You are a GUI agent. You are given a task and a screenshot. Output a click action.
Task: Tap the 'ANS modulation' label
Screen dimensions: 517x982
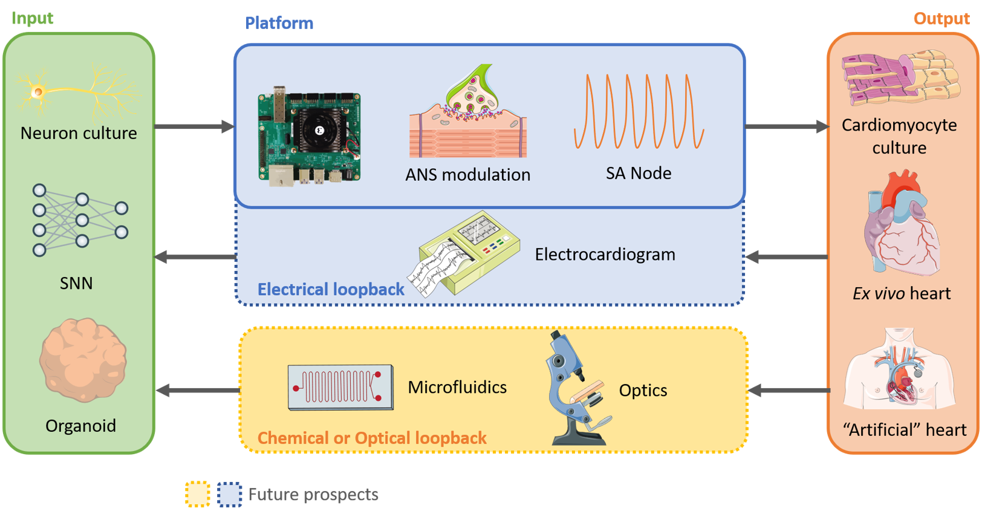click(467, 175)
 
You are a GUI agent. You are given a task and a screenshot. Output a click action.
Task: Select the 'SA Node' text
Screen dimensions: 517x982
click(639, 174)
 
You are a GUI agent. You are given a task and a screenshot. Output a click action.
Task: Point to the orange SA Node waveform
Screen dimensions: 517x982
click(639, 112)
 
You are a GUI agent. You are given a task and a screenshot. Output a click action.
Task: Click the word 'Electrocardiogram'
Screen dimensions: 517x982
click(605, 255)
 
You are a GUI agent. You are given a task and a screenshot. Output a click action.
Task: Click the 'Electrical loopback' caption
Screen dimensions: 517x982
click(331, 290)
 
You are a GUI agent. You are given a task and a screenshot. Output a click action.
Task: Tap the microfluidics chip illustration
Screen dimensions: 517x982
click(340, 387)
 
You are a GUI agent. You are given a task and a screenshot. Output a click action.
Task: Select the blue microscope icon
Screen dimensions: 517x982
click(574, 390)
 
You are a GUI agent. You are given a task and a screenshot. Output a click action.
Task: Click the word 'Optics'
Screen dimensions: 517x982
click(643, 391)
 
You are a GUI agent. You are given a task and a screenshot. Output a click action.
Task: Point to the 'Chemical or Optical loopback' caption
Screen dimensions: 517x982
click(372, 438)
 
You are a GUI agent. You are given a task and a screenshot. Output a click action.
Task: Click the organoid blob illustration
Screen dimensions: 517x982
click(83, 360)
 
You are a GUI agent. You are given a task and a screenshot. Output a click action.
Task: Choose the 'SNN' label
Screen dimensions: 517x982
click(76, 283)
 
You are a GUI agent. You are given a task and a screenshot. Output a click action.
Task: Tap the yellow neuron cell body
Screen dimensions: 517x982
click(38, 92)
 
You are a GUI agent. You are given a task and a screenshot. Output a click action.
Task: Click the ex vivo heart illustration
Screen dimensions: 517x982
click(901, 224)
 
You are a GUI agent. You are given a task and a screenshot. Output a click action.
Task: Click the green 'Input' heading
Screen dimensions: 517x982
click(32, 18)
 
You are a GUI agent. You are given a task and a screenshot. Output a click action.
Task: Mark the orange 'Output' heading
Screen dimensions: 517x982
click(941, 19)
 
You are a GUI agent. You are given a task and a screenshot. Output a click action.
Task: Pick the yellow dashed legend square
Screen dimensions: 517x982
click(198, 494)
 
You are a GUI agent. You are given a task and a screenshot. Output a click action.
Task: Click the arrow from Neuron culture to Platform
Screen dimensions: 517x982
click(193, 127)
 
